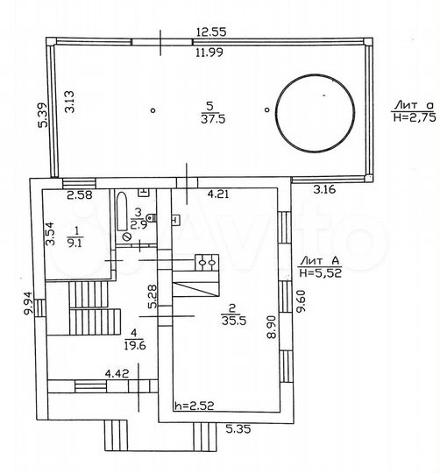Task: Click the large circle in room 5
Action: (316, 110)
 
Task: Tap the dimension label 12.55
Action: (211, 32)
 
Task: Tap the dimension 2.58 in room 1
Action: (80, 194)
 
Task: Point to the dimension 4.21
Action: (219, 194)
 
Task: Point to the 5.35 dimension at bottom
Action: (239, 430)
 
